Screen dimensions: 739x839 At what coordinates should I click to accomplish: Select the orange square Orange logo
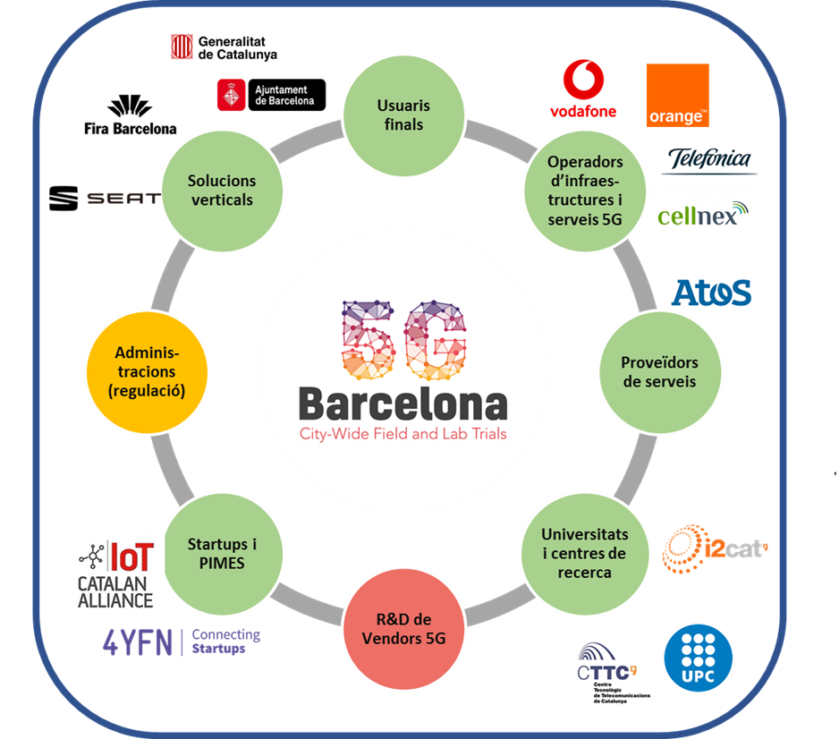pos(677,96)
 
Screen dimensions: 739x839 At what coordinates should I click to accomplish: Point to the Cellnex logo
pos(703,215)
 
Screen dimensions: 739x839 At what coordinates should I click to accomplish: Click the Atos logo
pos(711,293)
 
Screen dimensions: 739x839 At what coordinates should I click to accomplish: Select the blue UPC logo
pos(698,658)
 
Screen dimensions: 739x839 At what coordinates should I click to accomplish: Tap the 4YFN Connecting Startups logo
pos(182,641)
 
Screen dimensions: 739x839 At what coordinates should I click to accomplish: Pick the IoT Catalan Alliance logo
pos(117,575)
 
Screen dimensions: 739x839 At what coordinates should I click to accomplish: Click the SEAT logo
pos(123,198)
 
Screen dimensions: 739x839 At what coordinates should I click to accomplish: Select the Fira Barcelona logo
pos(131,108)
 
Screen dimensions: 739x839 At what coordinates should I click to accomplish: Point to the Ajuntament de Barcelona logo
pos(272,95)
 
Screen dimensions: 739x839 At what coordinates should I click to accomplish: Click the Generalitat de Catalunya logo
pos(224,47)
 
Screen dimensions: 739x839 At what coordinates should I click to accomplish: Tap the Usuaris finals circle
pos(403,115)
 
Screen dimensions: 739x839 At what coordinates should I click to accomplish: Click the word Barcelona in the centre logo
pos(403,404)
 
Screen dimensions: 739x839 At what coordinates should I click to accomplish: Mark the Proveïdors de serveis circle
pos(659,371)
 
